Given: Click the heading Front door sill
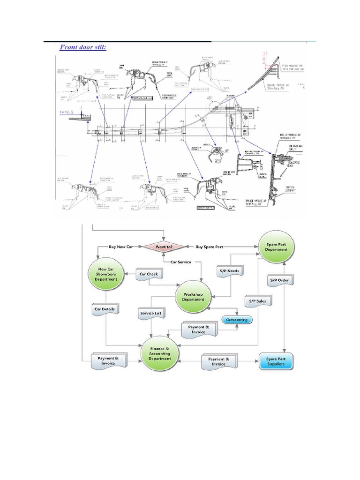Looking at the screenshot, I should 82,47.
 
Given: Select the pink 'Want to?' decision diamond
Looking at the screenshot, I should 164,247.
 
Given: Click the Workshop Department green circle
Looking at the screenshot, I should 193,296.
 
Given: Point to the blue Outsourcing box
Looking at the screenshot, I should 237,320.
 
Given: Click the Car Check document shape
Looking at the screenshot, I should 149,274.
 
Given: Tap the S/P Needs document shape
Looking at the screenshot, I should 229,271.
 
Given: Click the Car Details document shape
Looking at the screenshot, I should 106,309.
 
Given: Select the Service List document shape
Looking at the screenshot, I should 150,312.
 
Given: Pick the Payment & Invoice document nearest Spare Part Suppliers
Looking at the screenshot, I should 218,361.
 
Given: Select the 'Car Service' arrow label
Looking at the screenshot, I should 180,262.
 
